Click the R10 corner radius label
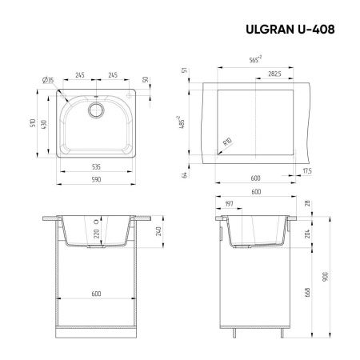pyautogui.click(x=227, y=142)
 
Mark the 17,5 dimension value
pyautogui.click(x=308, y=170)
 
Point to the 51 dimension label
pyautogui.click(x=186, y=71)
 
